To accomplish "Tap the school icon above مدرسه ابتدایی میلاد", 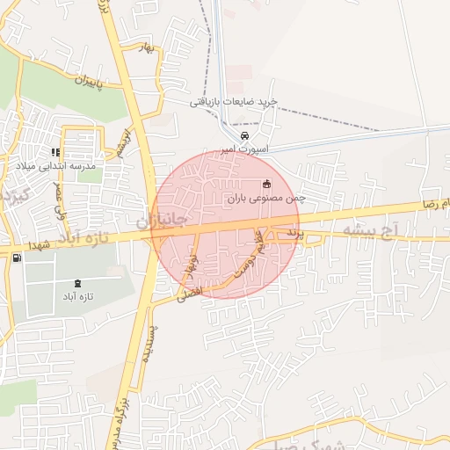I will pos(56,152).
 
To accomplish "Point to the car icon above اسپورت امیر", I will pos(245,136).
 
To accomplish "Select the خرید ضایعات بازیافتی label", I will pos(235,102).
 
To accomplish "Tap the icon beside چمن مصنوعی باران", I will pos(266,185).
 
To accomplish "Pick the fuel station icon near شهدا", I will pos(18,257).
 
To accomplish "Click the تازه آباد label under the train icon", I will pos(78,296).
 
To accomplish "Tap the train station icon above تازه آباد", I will pos(78,283).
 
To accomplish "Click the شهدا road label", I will pos(42,244).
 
